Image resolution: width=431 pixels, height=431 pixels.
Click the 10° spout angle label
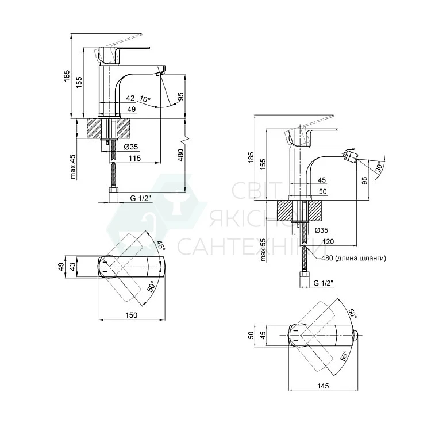pyautogui.click(x=145, y=99)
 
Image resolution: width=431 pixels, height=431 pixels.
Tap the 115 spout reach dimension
pyautogui.click(x=134, y=159)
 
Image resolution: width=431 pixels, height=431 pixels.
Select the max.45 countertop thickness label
pyautogui.click(x=73, y=167)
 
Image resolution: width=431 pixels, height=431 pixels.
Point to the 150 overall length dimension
pyautogui.click(x=132, y=315)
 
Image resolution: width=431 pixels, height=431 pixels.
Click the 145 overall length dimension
pyautogui.click(x=323, y=386)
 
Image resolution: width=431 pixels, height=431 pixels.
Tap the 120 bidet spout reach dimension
pyautogui.click(x=328, y=241)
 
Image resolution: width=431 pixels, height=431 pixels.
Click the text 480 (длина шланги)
pyautogui.click(x=354, y=258)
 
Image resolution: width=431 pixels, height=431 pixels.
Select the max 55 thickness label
pyautogui.click(x=263, y=249)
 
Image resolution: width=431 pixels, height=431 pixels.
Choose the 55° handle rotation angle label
pyautogui.click(x=344, y=356)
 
